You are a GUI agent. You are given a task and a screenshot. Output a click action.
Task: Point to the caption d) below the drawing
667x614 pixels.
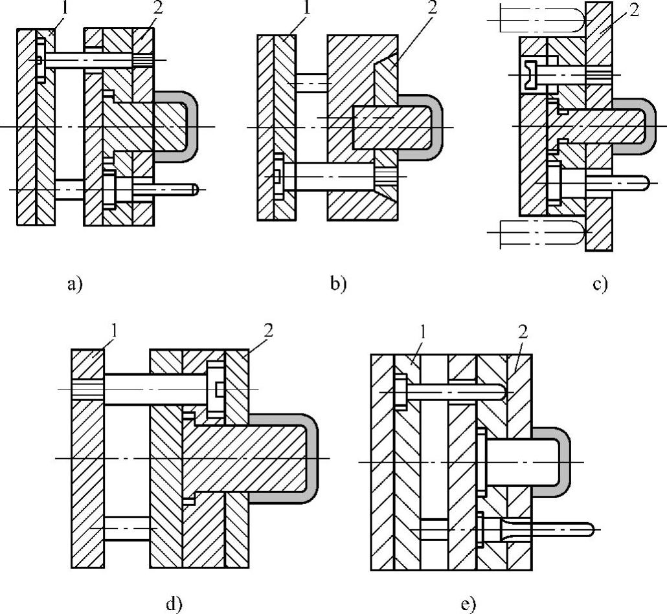(174, 604)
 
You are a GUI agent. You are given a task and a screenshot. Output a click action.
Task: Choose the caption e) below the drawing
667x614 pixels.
(469, 604)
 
